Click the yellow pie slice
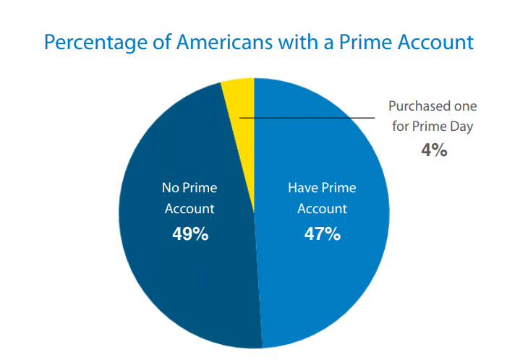(242, 101)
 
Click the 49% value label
(190, 234)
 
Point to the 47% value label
(322, 234)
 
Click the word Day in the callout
(461, 126)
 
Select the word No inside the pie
(170, 188)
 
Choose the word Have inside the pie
(302, 188)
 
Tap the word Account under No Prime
(189, 209)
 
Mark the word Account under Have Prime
(322, 209)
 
